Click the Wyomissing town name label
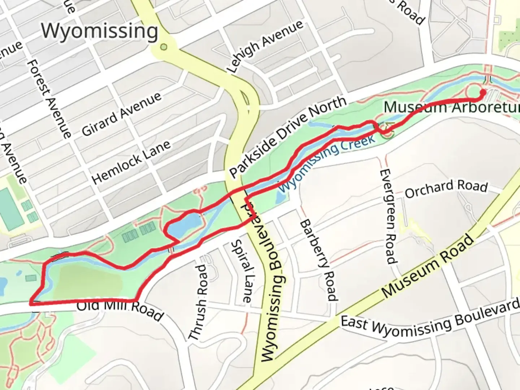click(99, 31)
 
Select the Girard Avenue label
click(121, 114)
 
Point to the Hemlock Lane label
click(131, 162)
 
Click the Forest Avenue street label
click(49, 98)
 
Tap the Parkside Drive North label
click(287, 137)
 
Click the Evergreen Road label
click(389, 216)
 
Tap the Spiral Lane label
click(241, 271)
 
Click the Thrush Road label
click(198, 303)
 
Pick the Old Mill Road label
click(120, 309)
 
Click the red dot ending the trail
click(482, 92)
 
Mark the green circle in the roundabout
click(164, 47)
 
